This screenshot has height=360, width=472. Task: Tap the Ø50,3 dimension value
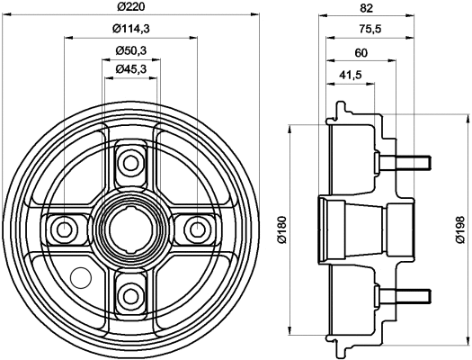(x=131, y=50)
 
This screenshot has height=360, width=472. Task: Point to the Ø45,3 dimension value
(x=131, y=68)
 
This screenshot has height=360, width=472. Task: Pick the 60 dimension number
(x=361, y=52)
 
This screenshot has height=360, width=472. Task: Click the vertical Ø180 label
(x=281, y=229)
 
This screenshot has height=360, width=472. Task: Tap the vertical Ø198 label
(x=459, y=229)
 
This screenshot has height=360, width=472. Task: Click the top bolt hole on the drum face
(x=131, y=163)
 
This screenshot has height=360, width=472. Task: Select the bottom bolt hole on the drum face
(x=131, y=292)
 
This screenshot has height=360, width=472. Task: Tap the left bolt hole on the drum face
(x=66, y=228)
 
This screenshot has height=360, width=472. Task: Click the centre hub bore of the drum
(x=131, y=228)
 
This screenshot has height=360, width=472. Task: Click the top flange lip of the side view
(x=341, y=111)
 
